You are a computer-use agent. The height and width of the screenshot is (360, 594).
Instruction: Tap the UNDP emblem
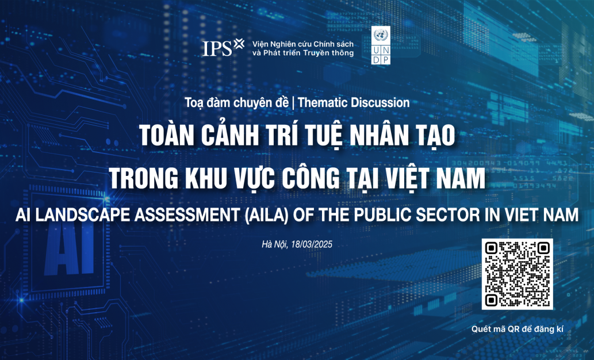380,45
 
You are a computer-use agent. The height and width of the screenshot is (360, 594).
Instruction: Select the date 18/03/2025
314,244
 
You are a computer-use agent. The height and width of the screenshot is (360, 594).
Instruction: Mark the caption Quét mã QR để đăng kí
516,330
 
